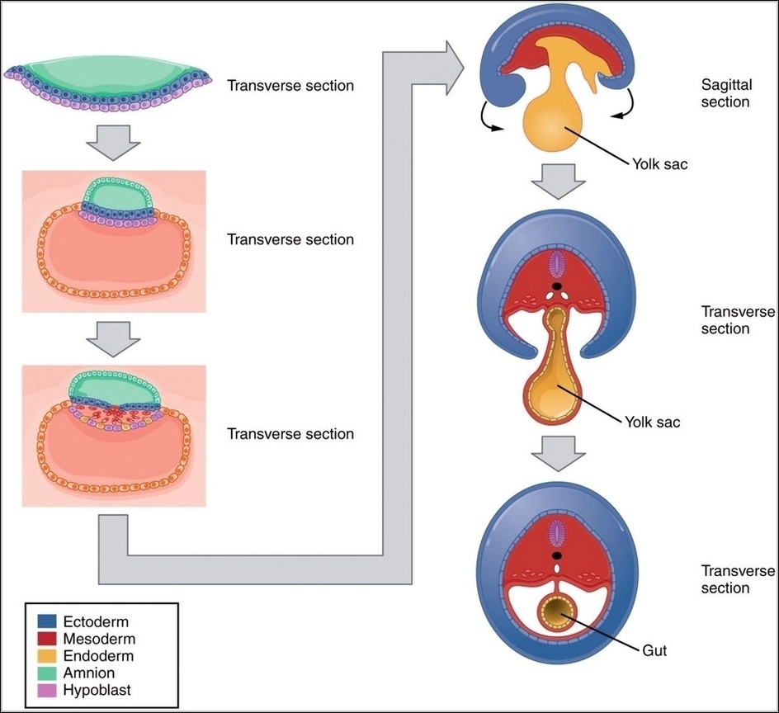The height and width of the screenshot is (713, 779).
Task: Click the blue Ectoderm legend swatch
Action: pos(45,621)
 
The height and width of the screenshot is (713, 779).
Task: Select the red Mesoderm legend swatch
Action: pos(45,639)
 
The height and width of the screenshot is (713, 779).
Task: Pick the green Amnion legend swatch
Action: pos(45,673)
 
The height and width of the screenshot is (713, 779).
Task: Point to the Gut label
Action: pos(653,650)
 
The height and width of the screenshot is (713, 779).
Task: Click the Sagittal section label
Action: pos(725,93)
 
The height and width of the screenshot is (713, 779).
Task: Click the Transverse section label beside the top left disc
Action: pos(290,85)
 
